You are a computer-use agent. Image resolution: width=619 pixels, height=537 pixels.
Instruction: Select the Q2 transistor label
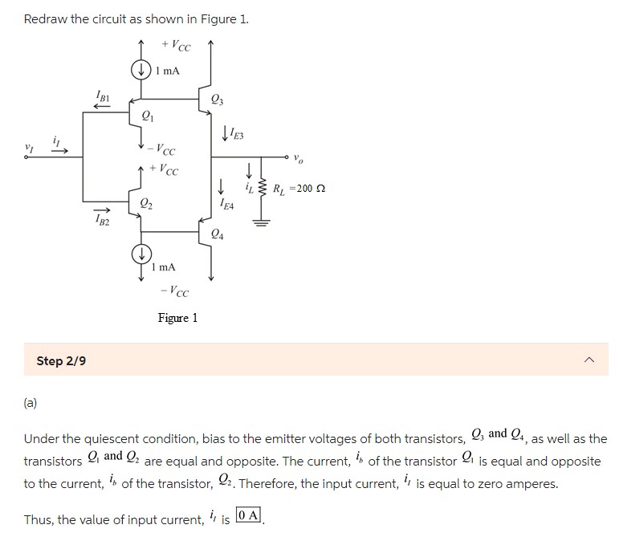coord(147,204)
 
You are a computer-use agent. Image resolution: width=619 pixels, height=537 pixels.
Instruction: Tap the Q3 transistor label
coord(218,100)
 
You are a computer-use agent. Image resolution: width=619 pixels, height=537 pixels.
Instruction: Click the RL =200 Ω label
coord(299,189)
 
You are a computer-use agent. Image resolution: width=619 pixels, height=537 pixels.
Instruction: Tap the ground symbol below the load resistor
coord(259,222)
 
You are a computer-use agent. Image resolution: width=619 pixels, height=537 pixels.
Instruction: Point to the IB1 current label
coord(102,98)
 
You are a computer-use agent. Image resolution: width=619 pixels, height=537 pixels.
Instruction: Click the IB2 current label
coord(102,218)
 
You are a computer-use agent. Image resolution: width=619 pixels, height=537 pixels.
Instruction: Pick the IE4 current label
coord(226,205)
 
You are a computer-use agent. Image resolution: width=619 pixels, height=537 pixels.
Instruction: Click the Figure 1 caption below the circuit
coord(177,318)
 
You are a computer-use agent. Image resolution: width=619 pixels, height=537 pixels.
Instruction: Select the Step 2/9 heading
coord(61,361)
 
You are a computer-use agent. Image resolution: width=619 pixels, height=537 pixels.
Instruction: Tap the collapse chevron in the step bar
coord(590,361)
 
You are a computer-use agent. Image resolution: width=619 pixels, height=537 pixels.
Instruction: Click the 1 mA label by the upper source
coord(168,71)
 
